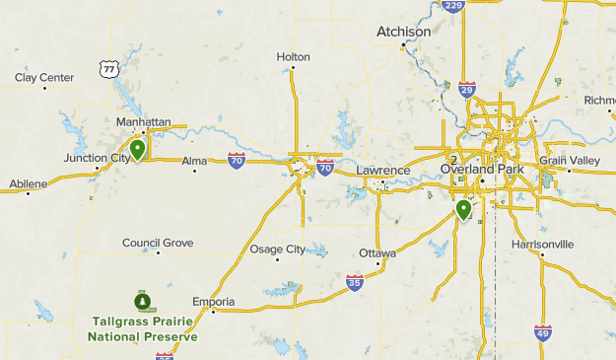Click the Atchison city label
tap(404, 32)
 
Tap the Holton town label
tap(293, 57)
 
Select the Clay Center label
tap(44, 77)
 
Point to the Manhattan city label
tap(143, 122)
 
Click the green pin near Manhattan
tap(138, 150)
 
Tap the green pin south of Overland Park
tap(462, 210)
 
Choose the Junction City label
tap(97, 158)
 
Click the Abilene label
tap(29, 183)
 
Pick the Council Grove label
tap(158, 243)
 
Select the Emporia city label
tap(214, 301)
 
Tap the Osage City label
tap(277, 250)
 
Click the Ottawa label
tap(377, 253)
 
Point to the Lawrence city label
tap(382, 171)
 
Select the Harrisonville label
tap(542, 244)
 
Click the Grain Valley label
tap(569, 160)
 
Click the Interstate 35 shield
tap(354, 283)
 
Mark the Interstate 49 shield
tap(543, 332)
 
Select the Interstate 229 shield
tap(453, 6)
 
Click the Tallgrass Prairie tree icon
tap(143, 300)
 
